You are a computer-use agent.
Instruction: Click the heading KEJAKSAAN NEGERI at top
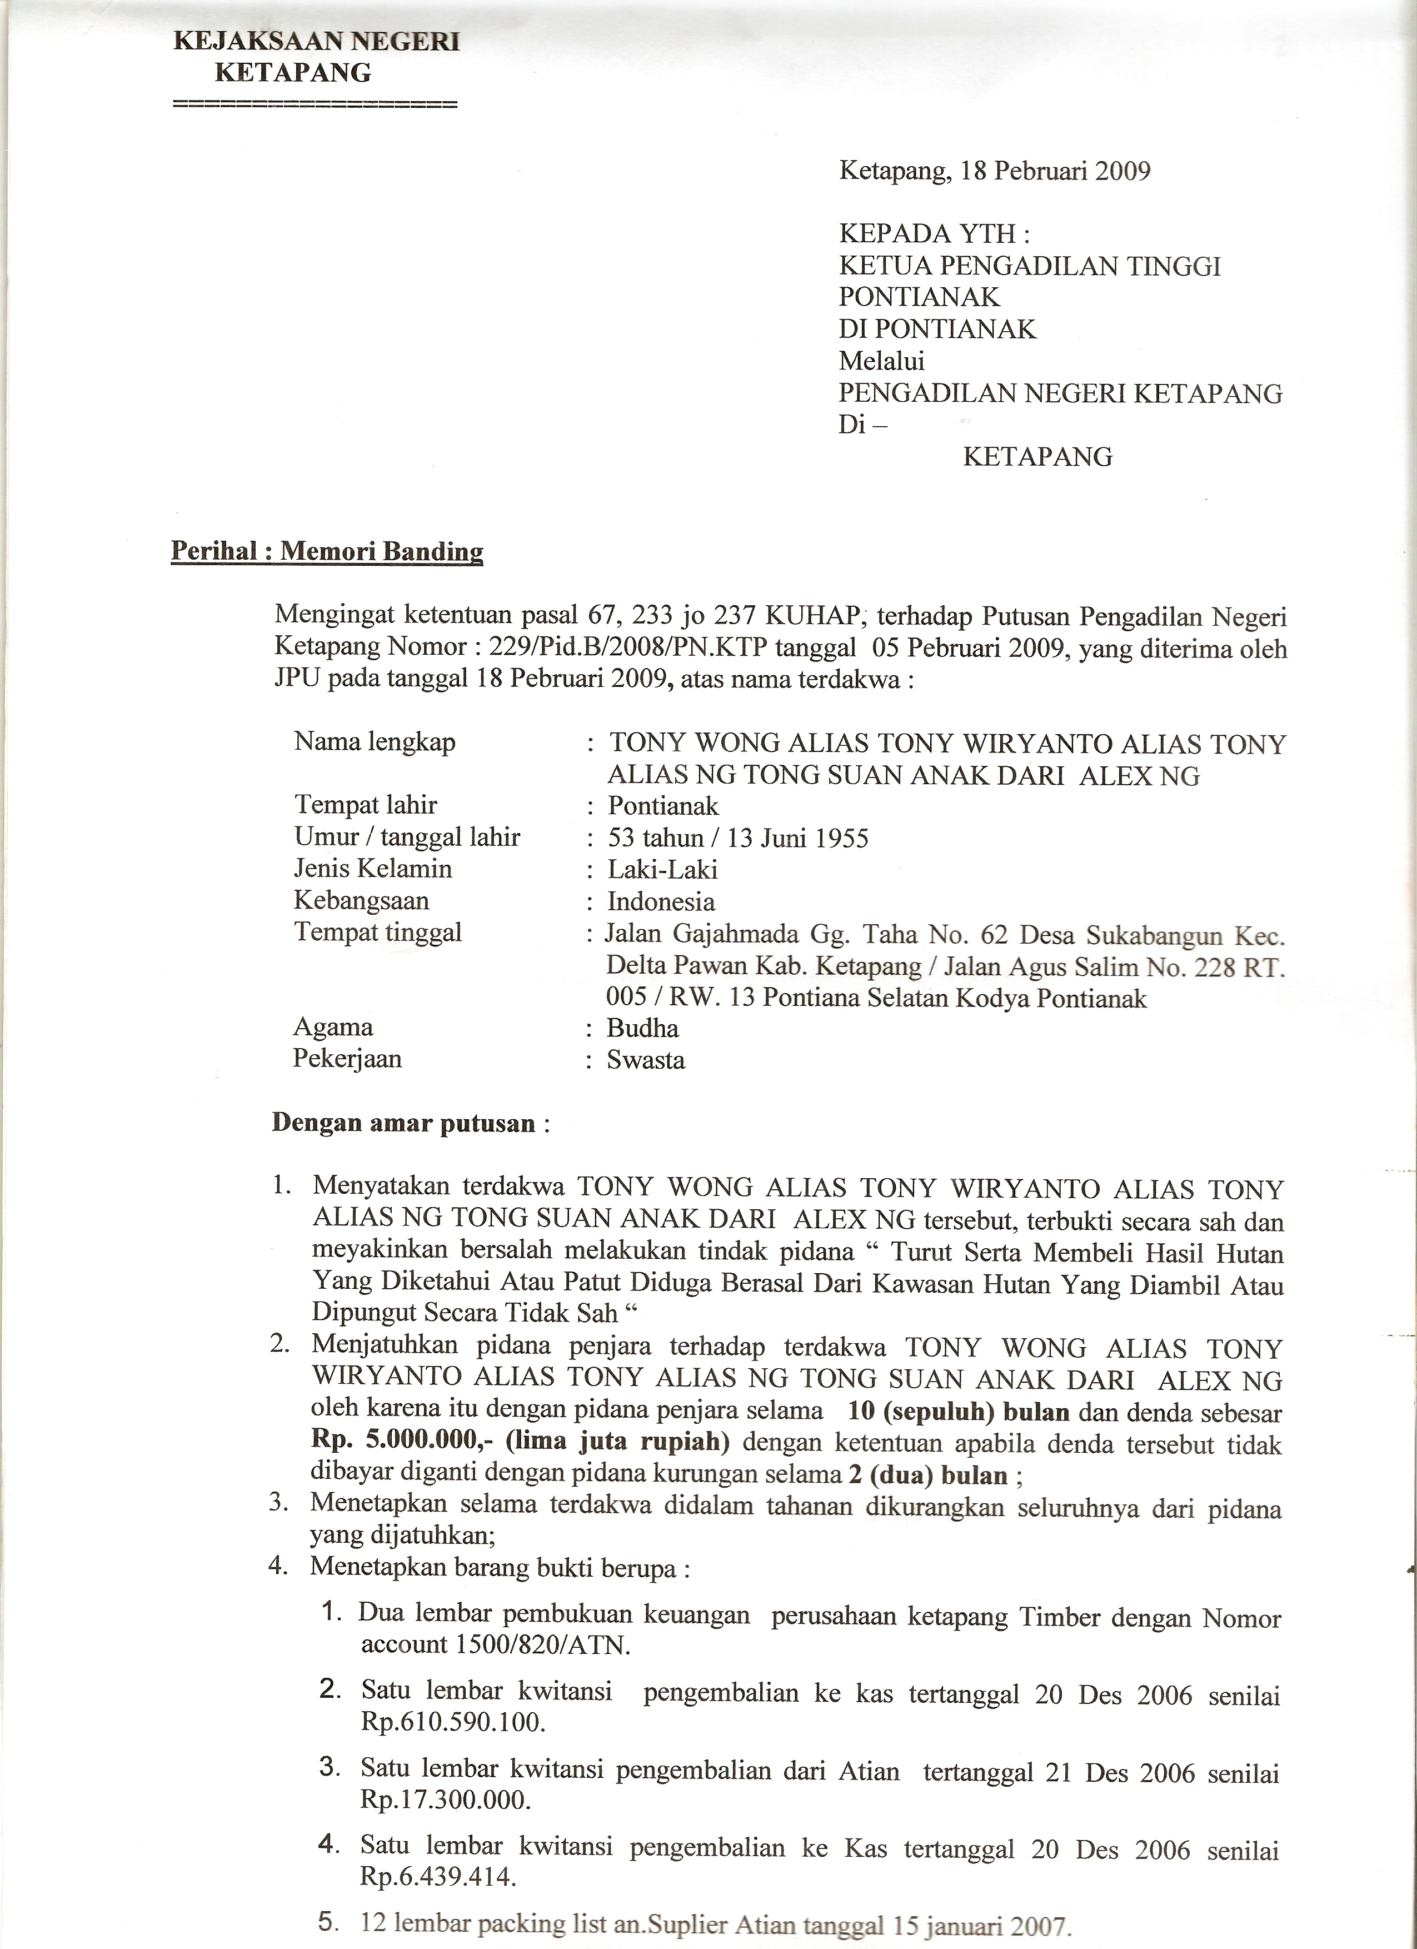coord(316,41)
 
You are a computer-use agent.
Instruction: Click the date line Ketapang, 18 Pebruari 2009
coord(994,171)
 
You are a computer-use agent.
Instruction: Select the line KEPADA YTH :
coord(933,234)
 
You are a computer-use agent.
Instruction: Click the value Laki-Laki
coord(662,870)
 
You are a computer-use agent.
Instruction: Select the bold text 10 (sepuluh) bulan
coord(958,1411)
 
